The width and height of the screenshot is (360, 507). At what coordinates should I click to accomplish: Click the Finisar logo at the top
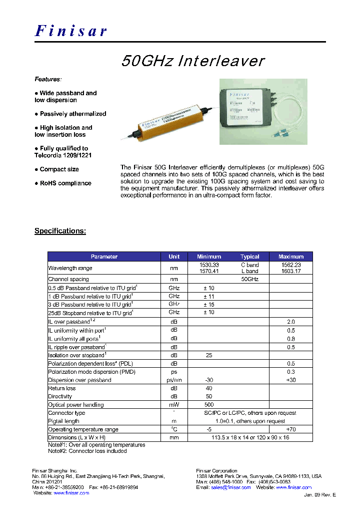click(71, 31)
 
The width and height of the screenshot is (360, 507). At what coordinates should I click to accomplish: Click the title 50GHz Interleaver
click(193, 61)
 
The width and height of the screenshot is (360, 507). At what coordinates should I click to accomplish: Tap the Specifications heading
click(60, 231)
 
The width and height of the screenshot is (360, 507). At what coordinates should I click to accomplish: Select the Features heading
click(48, 79)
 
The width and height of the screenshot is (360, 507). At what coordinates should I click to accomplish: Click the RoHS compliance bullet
click(63, 183)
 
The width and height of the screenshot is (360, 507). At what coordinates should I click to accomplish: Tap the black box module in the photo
click(246, 107)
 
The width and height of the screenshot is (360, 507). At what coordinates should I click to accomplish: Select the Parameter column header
click(104, 257)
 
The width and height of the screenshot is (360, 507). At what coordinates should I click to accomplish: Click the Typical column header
click(249, 257)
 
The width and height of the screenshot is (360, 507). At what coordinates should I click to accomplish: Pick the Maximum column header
click(291, 257)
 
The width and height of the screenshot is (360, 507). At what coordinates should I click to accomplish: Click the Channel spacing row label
click(68, 280)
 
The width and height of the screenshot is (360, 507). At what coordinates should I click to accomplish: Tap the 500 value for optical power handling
click(209, 405)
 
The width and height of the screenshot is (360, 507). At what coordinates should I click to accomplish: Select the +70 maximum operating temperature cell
click(291, 430)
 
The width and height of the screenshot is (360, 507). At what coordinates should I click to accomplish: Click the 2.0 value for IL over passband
click(291, 322)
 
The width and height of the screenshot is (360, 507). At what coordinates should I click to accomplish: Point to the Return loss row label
click(62, 388)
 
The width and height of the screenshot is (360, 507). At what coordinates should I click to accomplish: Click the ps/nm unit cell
click(174, 380)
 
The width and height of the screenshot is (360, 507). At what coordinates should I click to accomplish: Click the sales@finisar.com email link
click(230, 487)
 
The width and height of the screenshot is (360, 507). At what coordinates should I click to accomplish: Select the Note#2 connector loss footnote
click(87, 451)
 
